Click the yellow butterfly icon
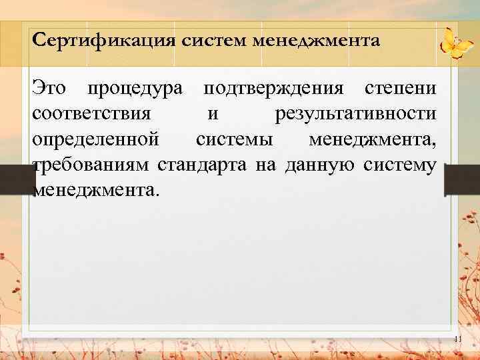pos(456,44)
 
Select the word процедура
pos(135,89)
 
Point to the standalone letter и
pos(212,114)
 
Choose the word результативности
pos(356,114)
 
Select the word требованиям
pos(92,165)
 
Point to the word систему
pos(401,165)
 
